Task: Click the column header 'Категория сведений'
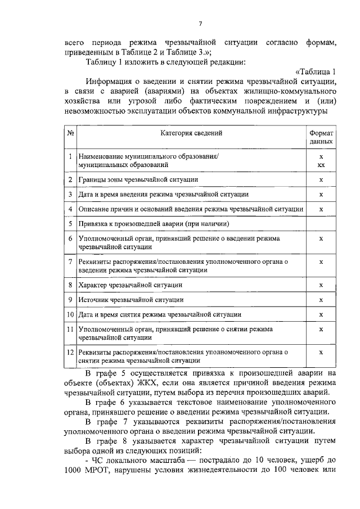pyautogui.click(x=191, y=133)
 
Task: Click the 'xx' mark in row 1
pyautogui.click(x=321, y=165)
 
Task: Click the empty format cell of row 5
pyautogui.click(x=321, y=224)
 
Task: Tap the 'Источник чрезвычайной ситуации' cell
pyautogui.click(x=131, y=300)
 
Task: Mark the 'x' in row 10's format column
pyautogui.click(x=321, y=314)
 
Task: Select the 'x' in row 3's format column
pyautogui.click(x=321, y=195)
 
